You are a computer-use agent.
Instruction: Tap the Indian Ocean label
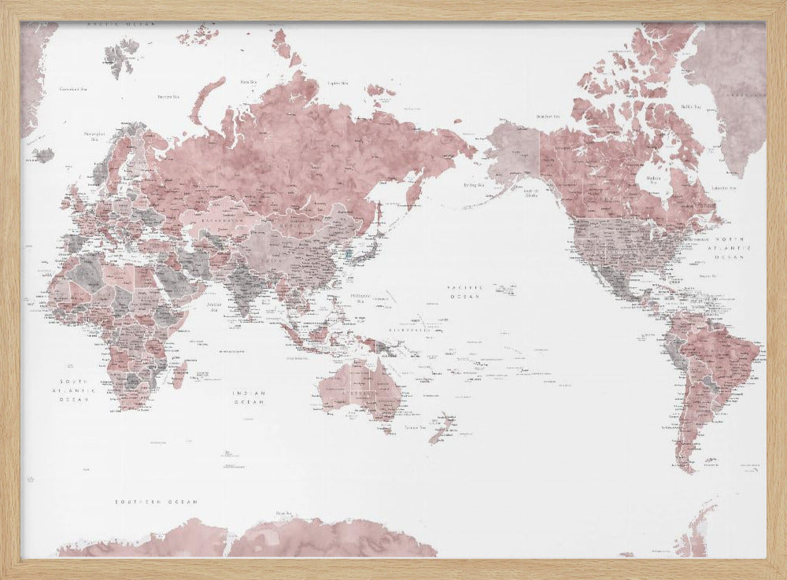248,397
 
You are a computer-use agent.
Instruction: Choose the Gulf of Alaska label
531,191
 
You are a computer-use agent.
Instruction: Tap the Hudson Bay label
653,180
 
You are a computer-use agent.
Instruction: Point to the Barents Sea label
168,97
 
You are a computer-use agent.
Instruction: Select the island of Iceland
44,154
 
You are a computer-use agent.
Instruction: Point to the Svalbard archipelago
118,59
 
